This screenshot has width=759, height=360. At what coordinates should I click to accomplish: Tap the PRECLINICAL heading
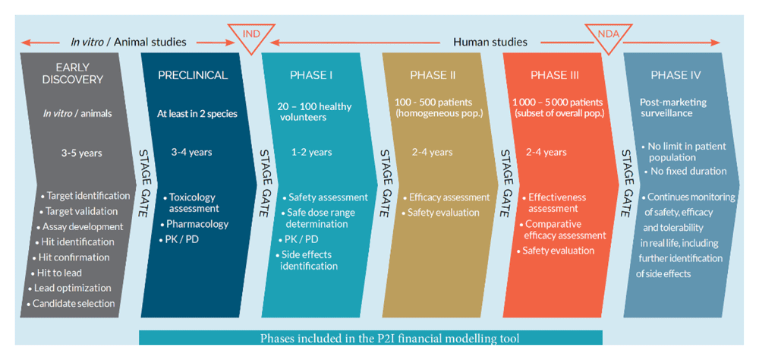point(193,75)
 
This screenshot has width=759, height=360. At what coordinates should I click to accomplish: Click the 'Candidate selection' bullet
point(74,304)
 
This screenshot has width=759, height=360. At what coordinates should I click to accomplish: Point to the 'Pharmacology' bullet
point(194,224)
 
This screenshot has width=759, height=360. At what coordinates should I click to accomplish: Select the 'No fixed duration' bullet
point(685,171)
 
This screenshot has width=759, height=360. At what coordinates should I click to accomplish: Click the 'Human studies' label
point(490,43)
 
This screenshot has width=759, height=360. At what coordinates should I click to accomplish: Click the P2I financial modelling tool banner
point(371,338)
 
